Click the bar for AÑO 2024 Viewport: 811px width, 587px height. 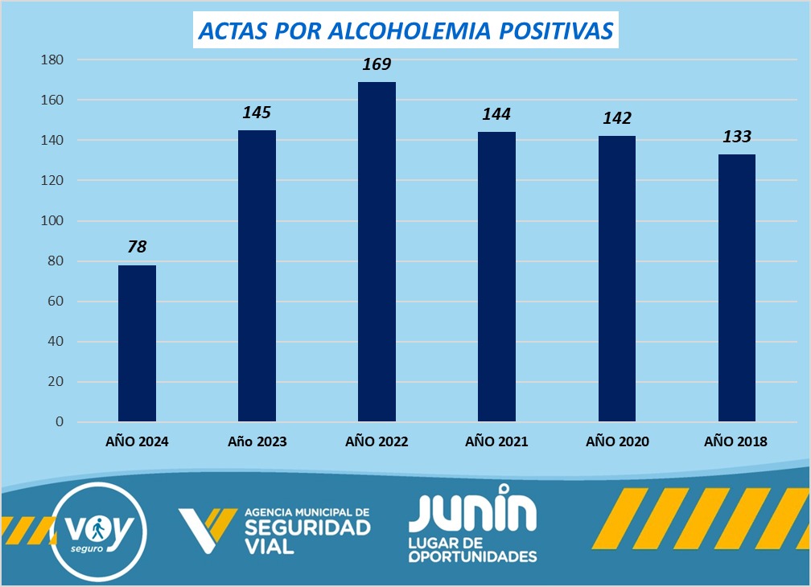[x=137, y=343]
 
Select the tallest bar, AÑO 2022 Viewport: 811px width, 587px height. [x=377, y=252]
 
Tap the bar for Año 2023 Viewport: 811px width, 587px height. [x=257, y=276]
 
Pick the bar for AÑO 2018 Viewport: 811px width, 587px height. [x=736, y=288]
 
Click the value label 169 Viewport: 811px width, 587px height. [x=377, y=64]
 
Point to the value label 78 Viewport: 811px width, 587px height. [x=137, y=247]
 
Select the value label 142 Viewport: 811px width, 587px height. [x=616, y=118]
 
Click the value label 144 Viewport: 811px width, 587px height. [x=496, y=114]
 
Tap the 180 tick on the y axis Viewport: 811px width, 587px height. [x=53, y=60]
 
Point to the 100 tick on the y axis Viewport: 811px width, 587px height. [x=53, y=221]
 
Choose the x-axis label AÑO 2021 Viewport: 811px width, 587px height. [x=496, y=441]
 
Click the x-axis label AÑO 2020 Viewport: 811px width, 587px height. [x=617, y=441]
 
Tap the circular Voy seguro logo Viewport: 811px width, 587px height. [x=98, y=531]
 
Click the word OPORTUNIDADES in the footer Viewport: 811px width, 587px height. [x=472, y=556]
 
